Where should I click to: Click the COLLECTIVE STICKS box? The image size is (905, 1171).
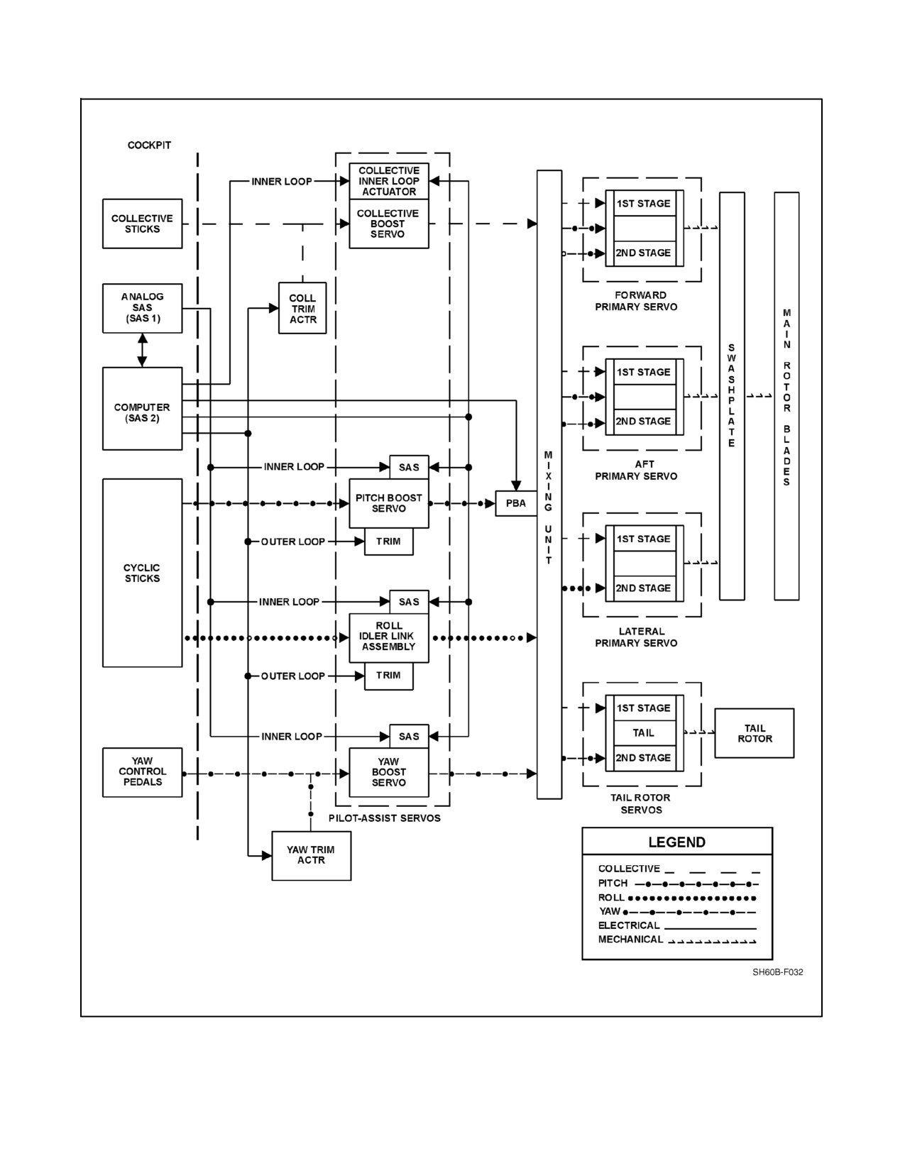tap(142, 224)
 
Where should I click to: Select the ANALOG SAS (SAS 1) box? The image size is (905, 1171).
tap(142, 308)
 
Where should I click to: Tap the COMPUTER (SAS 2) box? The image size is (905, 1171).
tap(142, 409)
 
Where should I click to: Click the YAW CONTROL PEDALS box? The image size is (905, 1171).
tap(142, 772)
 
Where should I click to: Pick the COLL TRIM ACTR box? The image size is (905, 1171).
tap(302, 308)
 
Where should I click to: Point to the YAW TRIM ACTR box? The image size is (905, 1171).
tap(311, 856)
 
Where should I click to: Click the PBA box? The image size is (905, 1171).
tap(516, 503)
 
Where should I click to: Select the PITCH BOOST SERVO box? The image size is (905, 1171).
tap(389, 503)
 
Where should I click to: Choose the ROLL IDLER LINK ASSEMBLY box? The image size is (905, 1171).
tap(389, 637)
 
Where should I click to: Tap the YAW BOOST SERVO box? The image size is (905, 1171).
tap(389, 772)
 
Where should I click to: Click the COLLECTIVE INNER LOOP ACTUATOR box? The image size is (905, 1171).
tap(389, 181)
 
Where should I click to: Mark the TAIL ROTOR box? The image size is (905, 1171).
tap(754, 733)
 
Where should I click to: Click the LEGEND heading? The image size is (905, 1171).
tap(676, 842)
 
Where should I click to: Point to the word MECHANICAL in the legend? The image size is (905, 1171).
tap(630, 940)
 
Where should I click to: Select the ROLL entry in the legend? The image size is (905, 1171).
tap(676, 898)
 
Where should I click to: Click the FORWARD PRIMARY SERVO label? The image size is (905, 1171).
tap(636, 301)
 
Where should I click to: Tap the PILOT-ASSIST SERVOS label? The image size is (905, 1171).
tap(384, 818)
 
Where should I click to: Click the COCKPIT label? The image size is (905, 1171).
tap(149, 145)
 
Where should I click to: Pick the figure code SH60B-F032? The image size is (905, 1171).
tap(778, 972)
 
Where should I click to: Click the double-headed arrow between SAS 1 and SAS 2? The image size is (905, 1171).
tap(142, 351)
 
